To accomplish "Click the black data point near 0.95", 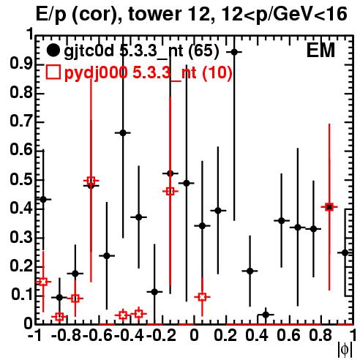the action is pos(234,52).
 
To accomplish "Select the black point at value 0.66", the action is pos(123,133).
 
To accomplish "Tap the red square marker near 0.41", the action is pos(329,207).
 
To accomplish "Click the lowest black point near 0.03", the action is pos(266,315).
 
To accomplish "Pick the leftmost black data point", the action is pos(43,199).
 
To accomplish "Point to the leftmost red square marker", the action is pos(43,282).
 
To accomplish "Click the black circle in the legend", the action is pos(53,50).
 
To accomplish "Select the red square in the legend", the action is pos(53,72).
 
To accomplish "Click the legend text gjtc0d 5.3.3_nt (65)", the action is pos(141,51).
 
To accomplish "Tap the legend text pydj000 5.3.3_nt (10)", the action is pos(149,72).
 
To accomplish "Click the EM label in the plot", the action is pos(320,50).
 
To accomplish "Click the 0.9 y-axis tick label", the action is pos(21,64).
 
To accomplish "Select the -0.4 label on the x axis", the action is pos(130,335).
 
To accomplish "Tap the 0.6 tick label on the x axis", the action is pos(288,335).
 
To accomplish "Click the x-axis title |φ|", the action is pos(345,350).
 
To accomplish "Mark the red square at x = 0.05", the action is pos(202,297).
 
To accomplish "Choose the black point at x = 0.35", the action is pos(250,271).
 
